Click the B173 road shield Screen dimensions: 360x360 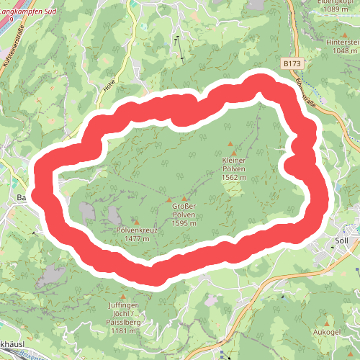pyautogui.click(x=292, y=64)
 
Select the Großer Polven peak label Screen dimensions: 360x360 pyautogui.click(x=184, y=210)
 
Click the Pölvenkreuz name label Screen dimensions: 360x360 pyautogui.click(x=136, y=231)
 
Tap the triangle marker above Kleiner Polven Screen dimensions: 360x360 pyautogui.click(x=230, y=144)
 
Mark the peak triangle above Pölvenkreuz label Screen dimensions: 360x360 pyautogui.click(x=135, y=221)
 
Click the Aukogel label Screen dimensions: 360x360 pyautogui.click(x=327, y=333)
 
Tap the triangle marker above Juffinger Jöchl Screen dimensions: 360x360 pyautogui.click(x=123, y=296)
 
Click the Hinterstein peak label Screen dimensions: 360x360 pyautogui.click(x=341, y=42)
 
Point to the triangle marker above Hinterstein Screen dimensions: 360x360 pyautogui.click(x=341, y=33)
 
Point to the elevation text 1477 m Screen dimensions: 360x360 pyautogui.click(x=136, y=238)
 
